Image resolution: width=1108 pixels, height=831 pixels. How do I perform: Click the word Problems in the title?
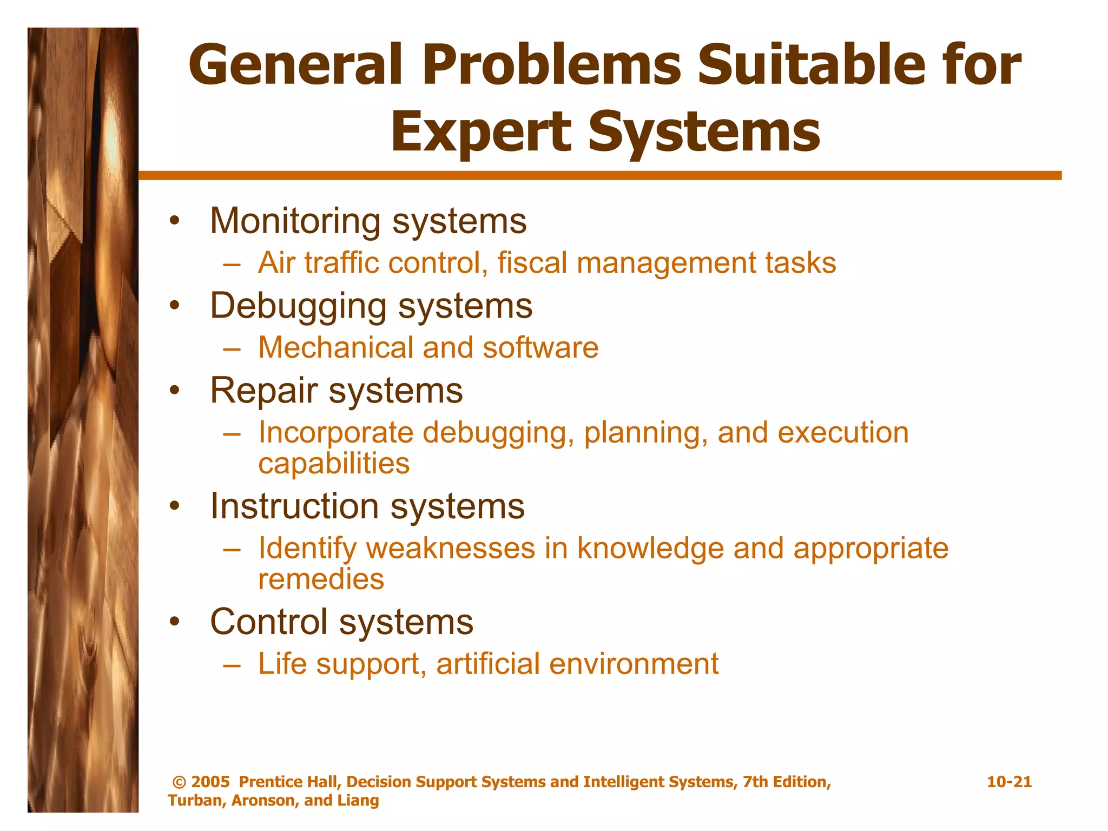point(551,65)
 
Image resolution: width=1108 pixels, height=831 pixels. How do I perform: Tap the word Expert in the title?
point(480,131)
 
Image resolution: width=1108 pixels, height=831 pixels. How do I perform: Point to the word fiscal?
point(531,263)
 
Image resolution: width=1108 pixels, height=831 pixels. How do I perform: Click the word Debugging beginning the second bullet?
point(298,306)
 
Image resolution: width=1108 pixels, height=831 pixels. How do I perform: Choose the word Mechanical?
point(335,347)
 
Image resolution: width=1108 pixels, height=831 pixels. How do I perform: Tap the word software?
point(540,347)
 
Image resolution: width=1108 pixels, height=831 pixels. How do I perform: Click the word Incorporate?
point(335,433)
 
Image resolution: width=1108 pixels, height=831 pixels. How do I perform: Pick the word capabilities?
point(334,464)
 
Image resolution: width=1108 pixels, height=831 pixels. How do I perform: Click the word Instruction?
point(294,506)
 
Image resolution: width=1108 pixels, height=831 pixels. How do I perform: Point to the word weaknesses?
point(451,548)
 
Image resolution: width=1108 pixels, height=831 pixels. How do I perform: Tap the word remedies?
point(321,579)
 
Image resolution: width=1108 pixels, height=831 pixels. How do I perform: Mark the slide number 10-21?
point(1009,782)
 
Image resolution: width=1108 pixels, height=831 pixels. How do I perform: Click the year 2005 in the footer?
point(210,782)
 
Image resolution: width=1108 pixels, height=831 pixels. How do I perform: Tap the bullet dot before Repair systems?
point(174,390)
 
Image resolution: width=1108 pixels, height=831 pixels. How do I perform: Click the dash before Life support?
point(232,664)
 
